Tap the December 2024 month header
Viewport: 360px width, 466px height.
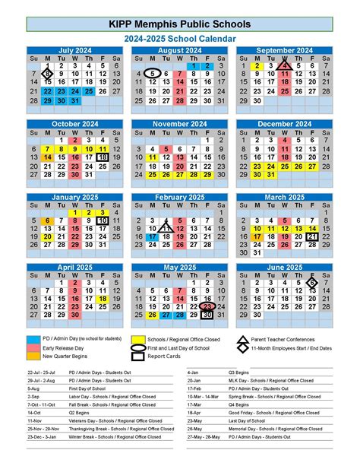click(x=283, y=124)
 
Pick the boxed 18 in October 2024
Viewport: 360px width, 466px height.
click(x=103, y=157)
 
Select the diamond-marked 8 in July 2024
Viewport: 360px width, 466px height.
click(x=46, y=74)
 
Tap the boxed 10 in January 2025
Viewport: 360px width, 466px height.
click(x=103, y=221)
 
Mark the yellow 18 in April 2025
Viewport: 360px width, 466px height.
click(x=103, y=299)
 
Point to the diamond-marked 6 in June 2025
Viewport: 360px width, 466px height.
click(x=311, y=282)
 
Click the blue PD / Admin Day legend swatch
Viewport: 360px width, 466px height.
click(x=34, y=338)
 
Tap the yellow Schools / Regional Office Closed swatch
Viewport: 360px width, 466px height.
click(x=137, y=338)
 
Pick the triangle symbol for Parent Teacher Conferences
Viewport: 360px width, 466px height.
click(x=242, y=338)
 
